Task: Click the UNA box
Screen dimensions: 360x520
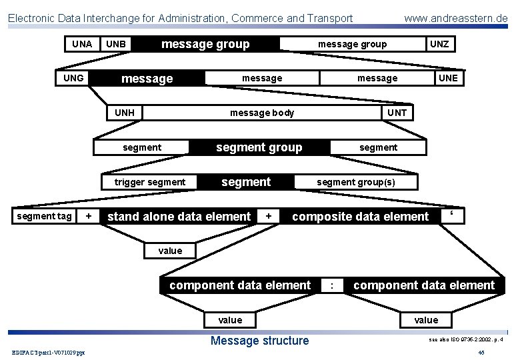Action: point(82,44)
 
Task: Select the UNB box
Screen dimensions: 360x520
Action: point(116,45)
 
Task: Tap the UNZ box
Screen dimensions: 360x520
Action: point(439,44)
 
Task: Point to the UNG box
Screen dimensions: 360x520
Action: point(73,78)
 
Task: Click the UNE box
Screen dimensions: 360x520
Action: point(448,78)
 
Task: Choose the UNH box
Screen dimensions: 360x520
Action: point(125,113)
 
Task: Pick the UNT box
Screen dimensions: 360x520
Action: point(397,113)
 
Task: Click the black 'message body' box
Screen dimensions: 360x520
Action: point(262,113)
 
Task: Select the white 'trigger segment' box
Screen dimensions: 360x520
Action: point(150,182)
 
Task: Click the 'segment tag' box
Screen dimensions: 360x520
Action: point(44,216)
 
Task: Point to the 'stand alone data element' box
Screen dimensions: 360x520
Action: point(179,216)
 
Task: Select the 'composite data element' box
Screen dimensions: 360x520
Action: point(360,216)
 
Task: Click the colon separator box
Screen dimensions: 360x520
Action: point(332,285)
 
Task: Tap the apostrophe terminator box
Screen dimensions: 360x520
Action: point(452,216)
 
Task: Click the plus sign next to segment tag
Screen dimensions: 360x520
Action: point(89,216)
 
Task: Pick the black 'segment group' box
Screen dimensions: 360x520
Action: point(259,147)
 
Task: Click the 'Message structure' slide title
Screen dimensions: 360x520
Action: point(259,341)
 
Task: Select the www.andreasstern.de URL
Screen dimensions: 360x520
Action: point(455,18)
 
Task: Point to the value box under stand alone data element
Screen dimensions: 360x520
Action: point(170,251)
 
